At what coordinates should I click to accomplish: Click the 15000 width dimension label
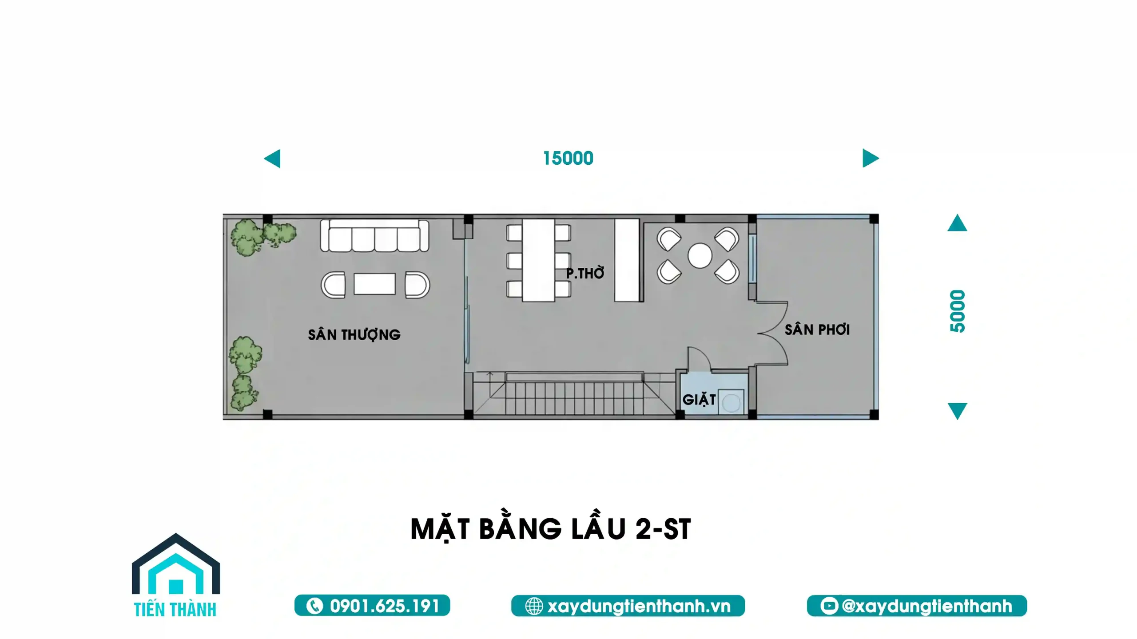[568, 158]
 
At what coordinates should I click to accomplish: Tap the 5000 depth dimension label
[958, 311]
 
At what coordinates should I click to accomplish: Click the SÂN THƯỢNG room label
[354, 335]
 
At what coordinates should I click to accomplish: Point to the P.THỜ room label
[585, 273]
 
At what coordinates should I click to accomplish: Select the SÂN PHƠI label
[817, 329]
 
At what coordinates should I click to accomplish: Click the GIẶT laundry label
[699, 400]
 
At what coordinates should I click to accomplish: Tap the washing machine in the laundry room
[731, 402]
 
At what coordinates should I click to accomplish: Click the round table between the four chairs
[700, 255]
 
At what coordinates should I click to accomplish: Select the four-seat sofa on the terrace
[375, 235]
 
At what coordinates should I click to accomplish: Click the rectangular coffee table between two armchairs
[374, 284]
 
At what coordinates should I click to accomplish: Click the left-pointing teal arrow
[272, 159]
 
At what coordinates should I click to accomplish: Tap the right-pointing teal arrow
[871, 158]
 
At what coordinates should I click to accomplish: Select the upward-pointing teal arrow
[957, 223]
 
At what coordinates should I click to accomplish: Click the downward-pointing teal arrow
[957, 411]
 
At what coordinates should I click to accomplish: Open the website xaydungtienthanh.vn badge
[628, 606]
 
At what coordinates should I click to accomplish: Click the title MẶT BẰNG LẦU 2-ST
[551, 529]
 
